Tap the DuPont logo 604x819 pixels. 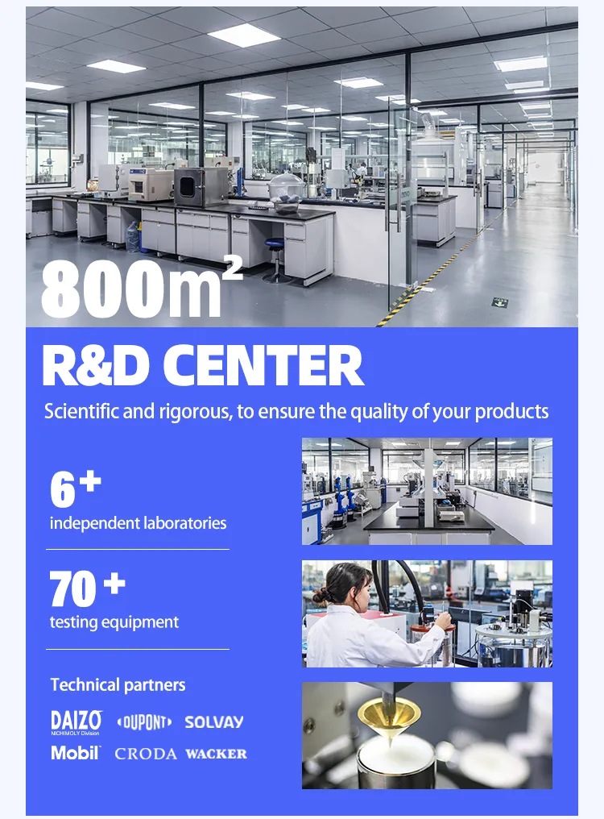pos(144,722)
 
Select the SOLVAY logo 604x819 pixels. pos(213,722)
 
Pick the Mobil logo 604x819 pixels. pos(75,753)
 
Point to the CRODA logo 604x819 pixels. pos(146,754)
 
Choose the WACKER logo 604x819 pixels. pos(216,754)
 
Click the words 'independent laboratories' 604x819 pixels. pos(138,523)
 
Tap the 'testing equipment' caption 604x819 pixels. pos(114,622)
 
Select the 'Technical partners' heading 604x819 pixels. pos(118,685)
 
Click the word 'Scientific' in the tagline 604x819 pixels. pos(82,411)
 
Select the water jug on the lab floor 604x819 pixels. pos(132,235)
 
